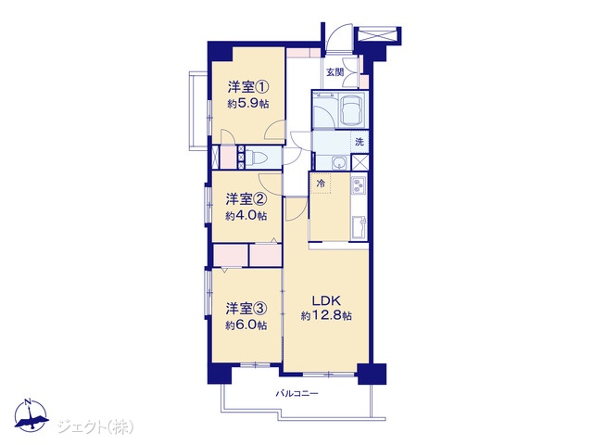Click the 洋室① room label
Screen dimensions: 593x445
pyautogui.click(x=248, y=87)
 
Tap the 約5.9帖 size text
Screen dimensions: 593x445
pyautogui.click(x=248, y=104)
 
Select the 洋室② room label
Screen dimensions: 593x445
pyautogui.click(x=246, y=199)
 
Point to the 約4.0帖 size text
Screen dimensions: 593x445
pyautogui.click(x=246, y=216)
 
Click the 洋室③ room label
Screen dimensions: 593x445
pyautogui.click(x=246, y=309)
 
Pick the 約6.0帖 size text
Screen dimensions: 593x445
pyautogui.click(x=246, y=325)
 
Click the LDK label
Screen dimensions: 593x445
pyautogui.click(x=326, y=300)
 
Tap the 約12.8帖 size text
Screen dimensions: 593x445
pyautogui.click(x=326, y=315)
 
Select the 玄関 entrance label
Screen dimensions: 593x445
pyautogui.click(x=335, y=72)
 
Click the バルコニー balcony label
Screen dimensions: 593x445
pyautogui.click(x=296, y=393)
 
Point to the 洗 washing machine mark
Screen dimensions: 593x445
pyautogui.click(x=360, y=142)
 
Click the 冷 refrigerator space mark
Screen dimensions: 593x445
pyautogui.click(x=321, y=184)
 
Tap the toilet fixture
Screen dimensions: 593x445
pyautogui.click(x=258, y=157)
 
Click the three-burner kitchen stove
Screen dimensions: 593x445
pyautogui.click(x=359, y=185)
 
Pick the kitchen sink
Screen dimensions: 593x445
pyautogui.click(x=359, y=227)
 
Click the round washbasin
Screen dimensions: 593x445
pyautogui.click(x=339, y=163)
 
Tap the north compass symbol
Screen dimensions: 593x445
pyautogui.click(x=31, y=416)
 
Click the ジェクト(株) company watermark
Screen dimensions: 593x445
pyautogui.click(x=95, y=427)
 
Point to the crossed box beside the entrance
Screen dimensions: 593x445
pyautogui.click(x=377, y=35)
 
